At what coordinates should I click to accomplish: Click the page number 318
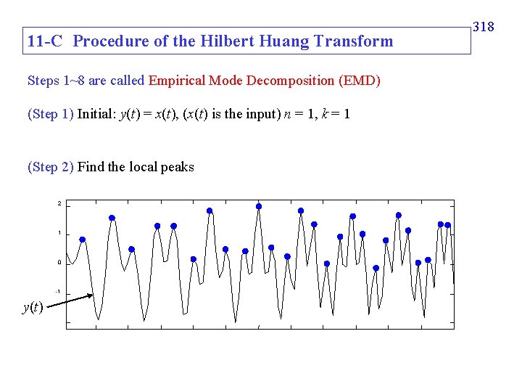[483, 27]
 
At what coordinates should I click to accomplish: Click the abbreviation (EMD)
[359, 81]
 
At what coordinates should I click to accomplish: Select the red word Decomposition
[289, 81]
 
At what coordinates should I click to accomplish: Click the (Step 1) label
[50, 114]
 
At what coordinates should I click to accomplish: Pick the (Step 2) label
[50, 168]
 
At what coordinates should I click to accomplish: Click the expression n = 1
[299, 114]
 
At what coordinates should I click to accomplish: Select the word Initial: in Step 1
[95, 114]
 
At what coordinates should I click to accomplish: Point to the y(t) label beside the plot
[33, 307]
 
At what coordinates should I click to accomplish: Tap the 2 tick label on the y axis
[59, 204]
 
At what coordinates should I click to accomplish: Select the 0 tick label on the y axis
[59, 263]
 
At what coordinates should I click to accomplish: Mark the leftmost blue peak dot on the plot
[83, 240]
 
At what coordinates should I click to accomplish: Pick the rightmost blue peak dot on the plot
[448, 225]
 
